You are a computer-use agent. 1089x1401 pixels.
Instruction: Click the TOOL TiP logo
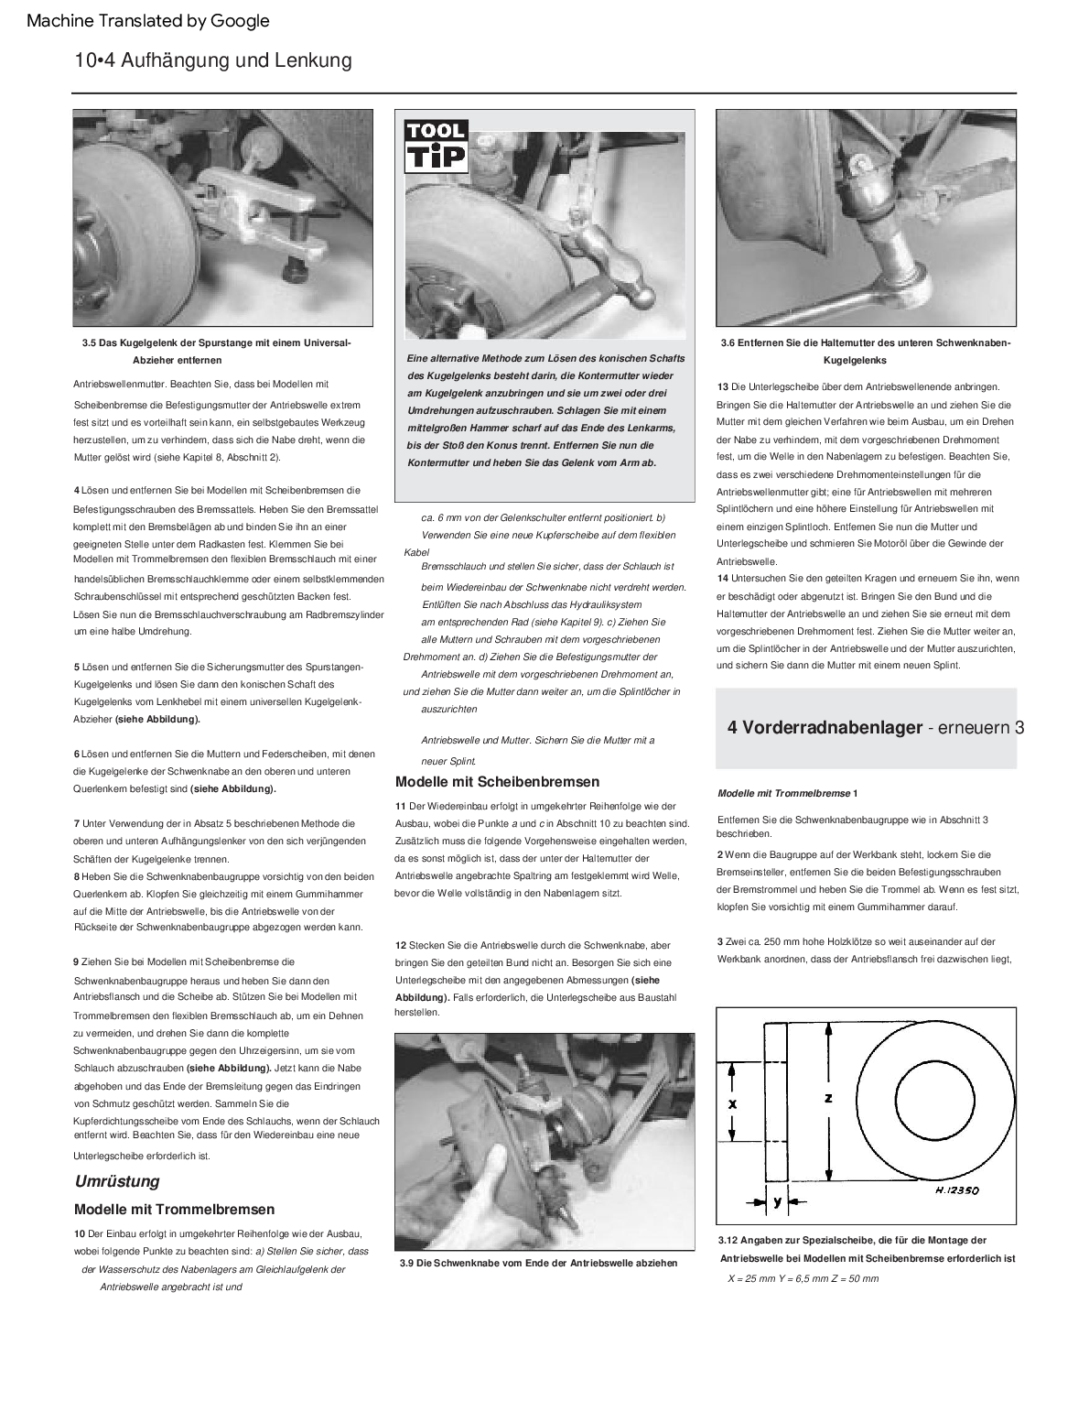pos(436,147)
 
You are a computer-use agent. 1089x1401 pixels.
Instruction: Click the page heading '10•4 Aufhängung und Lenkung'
pos(213,61)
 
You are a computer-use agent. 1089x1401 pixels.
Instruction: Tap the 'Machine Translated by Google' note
pos(148,20)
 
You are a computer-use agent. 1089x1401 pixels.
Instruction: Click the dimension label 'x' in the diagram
pos(732,1104)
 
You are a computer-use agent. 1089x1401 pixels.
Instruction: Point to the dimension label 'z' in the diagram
pos(828,1098)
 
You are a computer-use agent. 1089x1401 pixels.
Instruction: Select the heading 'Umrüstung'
pos(117,1181)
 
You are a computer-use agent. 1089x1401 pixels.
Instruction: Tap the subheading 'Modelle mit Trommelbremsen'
pos(174,1210)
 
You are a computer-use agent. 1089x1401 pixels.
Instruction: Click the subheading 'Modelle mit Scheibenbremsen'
pos(497,782)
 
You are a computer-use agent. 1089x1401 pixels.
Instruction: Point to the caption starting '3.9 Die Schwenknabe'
pos(538,1263)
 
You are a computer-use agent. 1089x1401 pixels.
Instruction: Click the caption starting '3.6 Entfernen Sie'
pos(865,351)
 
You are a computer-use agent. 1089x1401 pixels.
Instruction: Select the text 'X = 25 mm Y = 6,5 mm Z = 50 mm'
pos(803,1277)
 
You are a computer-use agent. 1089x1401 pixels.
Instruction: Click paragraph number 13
pos(723,386)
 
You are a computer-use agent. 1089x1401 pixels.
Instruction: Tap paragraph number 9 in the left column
pos(76,961)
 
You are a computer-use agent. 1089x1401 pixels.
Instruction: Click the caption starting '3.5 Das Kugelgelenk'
pos(216,351)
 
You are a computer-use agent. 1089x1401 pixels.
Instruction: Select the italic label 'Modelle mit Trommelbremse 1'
pos(787,793)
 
